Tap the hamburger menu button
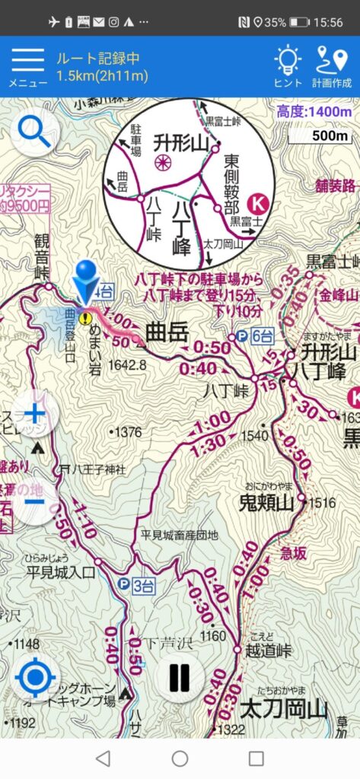tap(27, 63)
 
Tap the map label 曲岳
tap(165, 332)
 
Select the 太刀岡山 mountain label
tap(283, 710)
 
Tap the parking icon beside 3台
tap(123, 583)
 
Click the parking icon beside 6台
tap(241, 335)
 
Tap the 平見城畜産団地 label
tap(179, 535)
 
